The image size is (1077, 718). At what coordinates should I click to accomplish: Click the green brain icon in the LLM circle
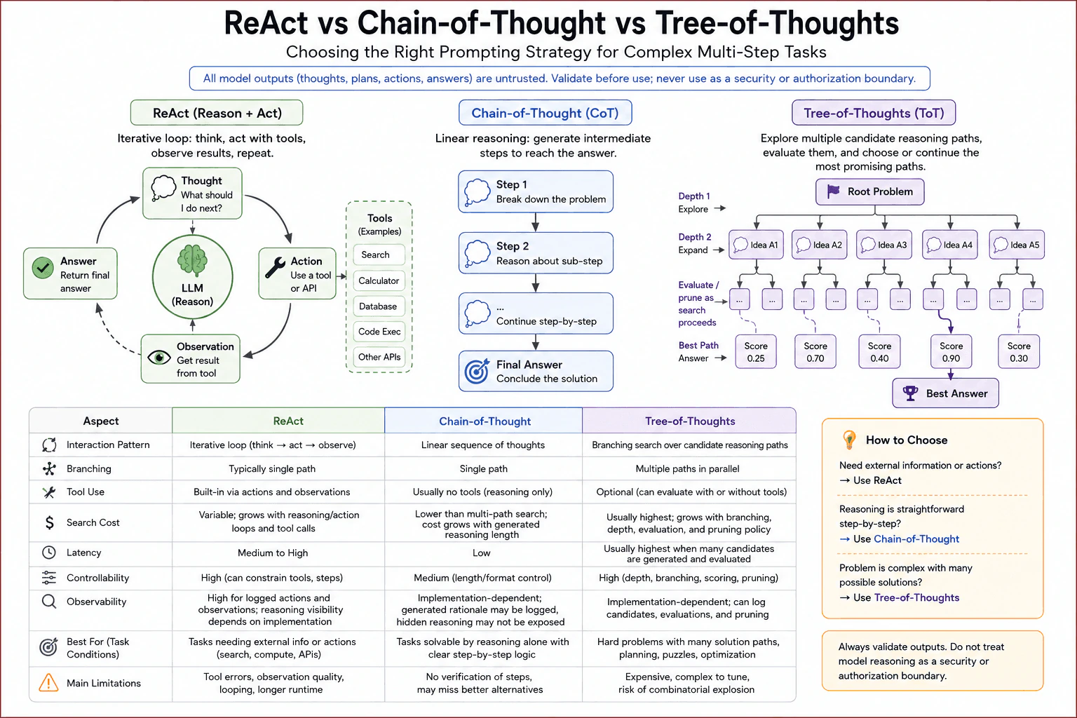point(192,260)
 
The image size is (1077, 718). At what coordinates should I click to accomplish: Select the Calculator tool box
point(379,281)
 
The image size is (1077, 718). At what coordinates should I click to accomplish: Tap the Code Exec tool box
point(379,332)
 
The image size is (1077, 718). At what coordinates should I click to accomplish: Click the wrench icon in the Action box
point(275,267)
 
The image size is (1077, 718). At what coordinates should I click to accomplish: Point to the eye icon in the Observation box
point(159,358)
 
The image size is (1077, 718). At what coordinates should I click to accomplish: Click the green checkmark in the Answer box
point(43,267)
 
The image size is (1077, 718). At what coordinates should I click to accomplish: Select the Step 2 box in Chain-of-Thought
point(536,253)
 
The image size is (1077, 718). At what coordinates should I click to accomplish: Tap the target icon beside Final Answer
point(477,371)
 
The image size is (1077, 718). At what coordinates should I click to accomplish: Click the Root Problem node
point(869,192)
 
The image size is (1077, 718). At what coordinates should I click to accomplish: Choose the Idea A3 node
point(884,245)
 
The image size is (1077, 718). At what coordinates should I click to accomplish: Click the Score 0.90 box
point(951,352)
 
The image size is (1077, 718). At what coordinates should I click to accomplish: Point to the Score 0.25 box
point(756,352)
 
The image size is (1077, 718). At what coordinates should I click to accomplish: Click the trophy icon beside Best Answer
point(910,393)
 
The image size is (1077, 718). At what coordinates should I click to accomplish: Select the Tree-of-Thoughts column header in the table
point(689,421)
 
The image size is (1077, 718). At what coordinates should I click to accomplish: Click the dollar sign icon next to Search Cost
point(49,522)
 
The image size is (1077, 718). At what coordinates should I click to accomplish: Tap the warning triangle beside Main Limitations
point(48,683)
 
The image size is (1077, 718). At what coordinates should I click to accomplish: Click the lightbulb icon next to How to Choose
point(850,440)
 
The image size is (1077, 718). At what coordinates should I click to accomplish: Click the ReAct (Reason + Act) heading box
point(217,113)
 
